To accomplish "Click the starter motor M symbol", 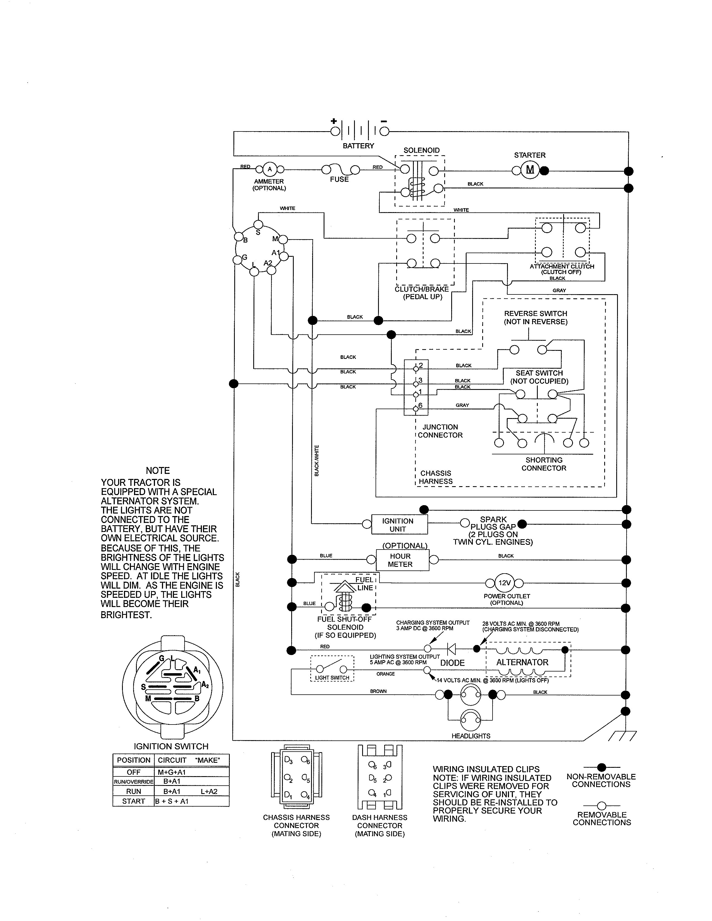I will click(x=530, y=170).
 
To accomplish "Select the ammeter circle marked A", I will click(x=269, y=169).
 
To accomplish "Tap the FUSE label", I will click(x=339, y=179).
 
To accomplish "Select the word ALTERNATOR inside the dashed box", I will click(x=522, y=662).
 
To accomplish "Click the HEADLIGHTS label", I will click(x=471, y=736).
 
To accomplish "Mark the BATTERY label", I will click(x=358, y=146).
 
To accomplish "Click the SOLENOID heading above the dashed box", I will click(x=421, y=150).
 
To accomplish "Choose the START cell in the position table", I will click(x=133, y=801).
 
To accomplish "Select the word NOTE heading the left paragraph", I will click(x=158, y=471).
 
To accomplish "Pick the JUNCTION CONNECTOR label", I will click(x=440, y=431).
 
